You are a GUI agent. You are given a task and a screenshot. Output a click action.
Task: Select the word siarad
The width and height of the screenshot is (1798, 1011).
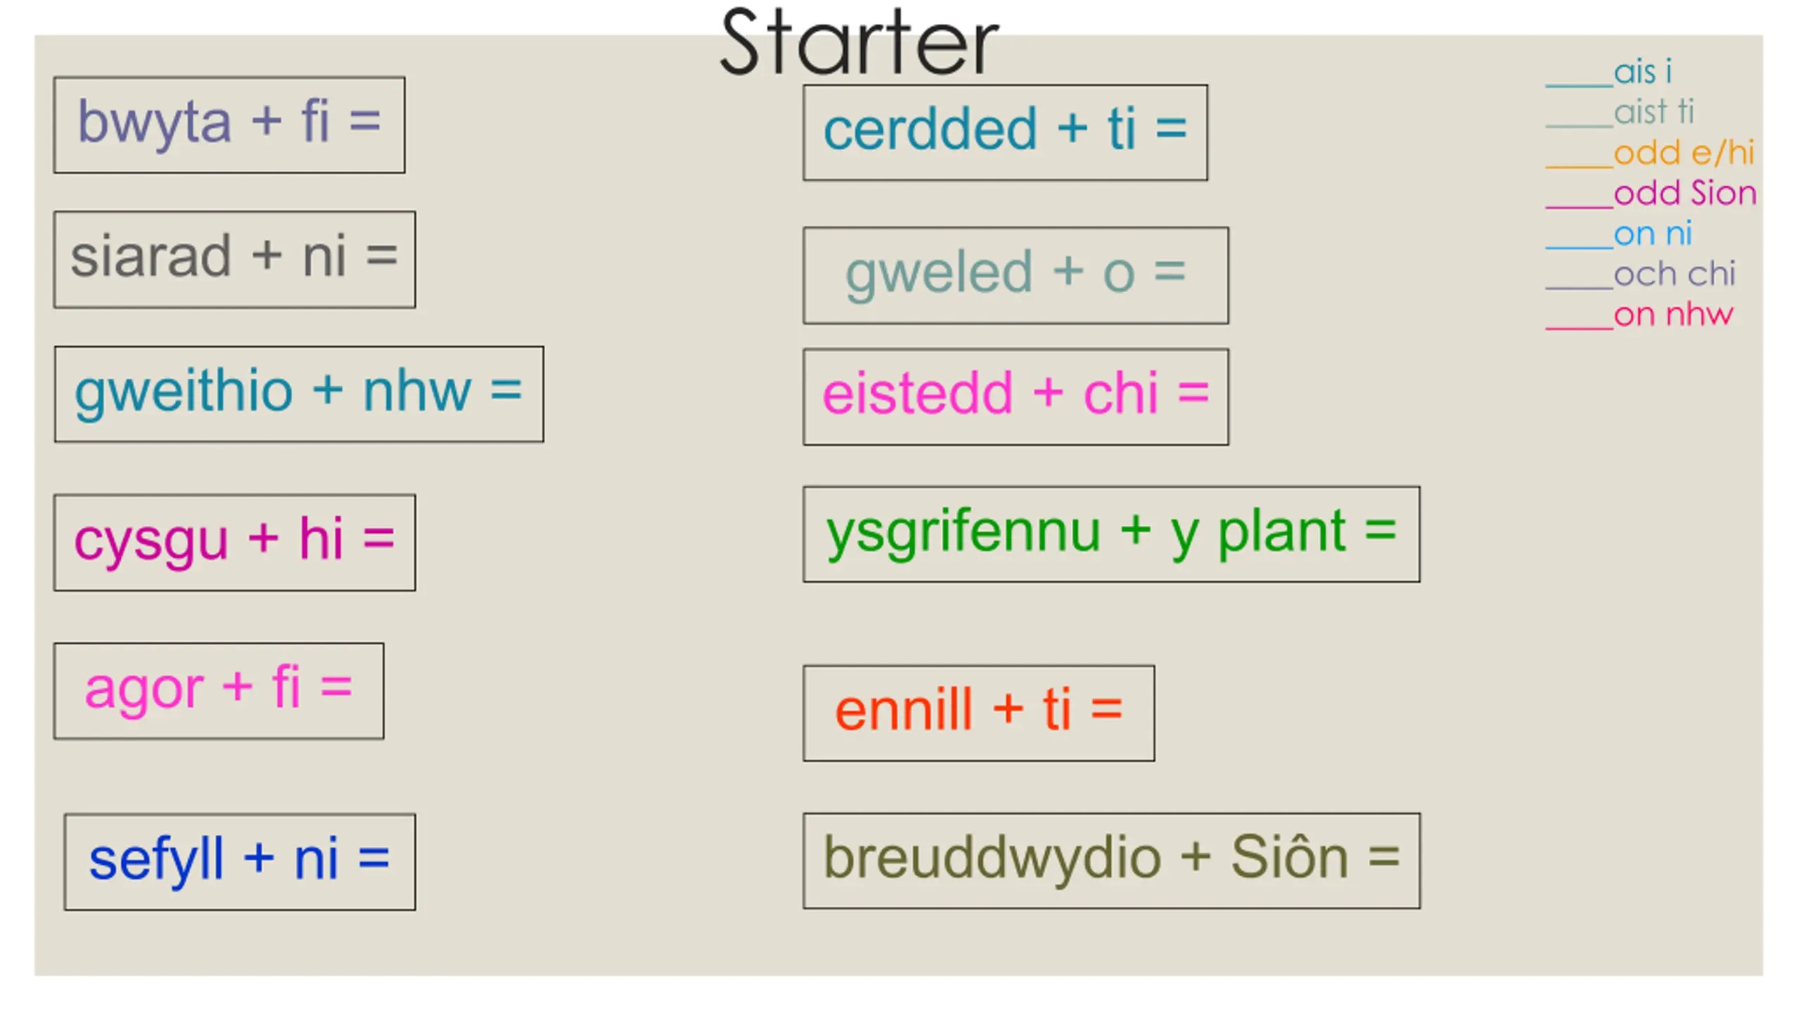pos(150,256)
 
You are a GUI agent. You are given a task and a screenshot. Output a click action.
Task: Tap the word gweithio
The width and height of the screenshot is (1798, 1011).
pos(183,393)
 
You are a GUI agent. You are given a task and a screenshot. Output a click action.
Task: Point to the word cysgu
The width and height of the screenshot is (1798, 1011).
pos(151,541)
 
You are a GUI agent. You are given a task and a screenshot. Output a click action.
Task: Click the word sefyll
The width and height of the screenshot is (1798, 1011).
pos(156,861)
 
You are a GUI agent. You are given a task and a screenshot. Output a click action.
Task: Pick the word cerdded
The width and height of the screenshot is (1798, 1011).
pos(930,129)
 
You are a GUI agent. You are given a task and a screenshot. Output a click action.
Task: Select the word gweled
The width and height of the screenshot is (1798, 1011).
pos(939,274)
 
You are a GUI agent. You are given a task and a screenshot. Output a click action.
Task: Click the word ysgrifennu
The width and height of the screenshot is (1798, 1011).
pos(963,534)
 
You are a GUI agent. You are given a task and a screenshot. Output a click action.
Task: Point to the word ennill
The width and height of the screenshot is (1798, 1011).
pos(904,710)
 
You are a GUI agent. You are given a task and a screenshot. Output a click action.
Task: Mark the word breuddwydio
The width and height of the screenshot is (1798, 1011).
pos(992,859)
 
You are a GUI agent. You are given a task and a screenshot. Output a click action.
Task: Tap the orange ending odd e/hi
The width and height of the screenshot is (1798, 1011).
pos(1684,153)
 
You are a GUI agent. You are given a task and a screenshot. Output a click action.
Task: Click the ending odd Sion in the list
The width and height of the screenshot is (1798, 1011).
pos(1685,193)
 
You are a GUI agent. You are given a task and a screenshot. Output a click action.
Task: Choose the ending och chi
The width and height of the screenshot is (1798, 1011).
pos(1674,274)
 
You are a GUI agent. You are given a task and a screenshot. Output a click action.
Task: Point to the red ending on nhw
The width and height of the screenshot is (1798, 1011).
pos(1673,315)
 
